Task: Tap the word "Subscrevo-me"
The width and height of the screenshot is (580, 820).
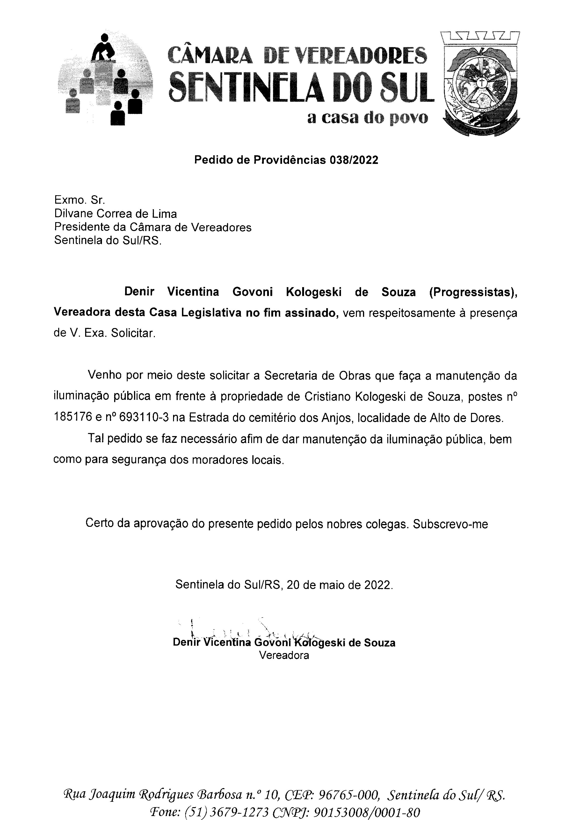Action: tap(450, 524)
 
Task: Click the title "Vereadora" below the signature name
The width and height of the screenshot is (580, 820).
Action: tap(284, 655)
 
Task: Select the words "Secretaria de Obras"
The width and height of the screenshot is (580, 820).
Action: tap(318, 376)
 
